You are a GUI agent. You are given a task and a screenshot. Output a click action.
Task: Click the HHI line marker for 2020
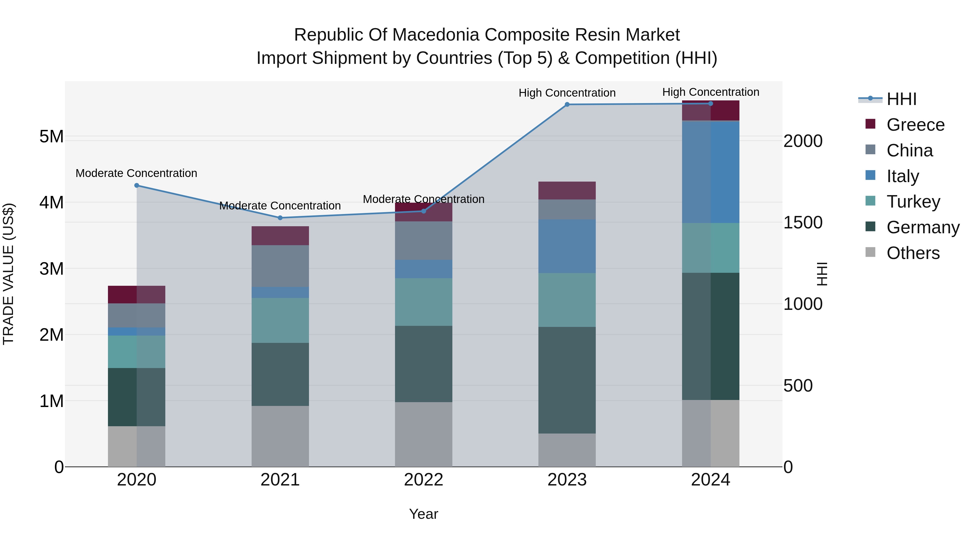click(137, 185)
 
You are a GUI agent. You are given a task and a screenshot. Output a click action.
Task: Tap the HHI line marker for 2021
click(280, 218)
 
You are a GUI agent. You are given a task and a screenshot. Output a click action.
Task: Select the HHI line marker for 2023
click(567, 104)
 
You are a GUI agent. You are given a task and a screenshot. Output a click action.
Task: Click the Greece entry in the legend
click(915, 125)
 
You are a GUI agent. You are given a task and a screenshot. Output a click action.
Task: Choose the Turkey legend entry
click(913, 202)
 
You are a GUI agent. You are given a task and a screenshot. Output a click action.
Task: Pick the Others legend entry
click(913, 253)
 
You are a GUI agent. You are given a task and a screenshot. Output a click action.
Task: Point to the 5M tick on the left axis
click(51, 137)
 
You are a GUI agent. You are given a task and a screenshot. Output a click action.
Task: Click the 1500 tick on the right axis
click(802, 222)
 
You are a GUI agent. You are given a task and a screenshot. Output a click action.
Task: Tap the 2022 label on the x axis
click(423, 480)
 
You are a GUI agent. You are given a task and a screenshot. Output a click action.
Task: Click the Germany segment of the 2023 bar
click(567, 380)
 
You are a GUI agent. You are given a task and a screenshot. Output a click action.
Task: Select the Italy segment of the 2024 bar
click(710, 172)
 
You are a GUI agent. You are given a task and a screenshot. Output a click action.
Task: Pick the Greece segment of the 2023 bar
click(567, 190)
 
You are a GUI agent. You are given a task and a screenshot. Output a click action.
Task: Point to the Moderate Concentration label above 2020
click(137, 173)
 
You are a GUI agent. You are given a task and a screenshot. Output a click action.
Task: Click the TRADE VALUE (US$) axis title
click(8, 274)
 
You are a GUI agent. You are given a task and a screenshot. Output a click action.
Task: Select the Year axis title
click(423, 514)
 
